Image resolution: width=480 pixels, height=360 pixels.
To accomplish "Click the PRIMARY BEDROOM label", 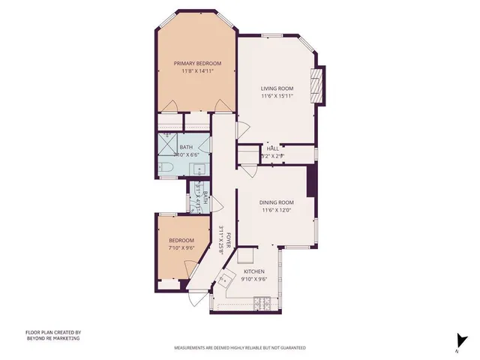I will (198, 63).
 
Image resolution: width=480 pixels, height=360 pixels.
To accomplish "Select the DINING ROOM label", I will (277, 202).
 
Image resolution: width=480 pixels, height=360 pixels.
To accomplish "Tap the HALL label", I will (273, 148).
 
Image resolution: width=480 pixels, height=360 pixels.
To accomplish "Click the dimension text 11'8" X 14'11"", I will (198, 72).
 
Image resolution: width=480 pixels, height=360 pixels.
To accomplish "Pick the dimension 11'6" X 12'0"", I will (277, 211).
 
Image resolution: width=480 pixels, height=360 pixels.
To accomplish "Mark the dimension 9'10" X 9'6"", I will (255, 280).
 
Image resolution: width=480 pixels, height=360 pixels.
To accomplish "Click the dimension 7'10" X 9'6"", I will (181, 249).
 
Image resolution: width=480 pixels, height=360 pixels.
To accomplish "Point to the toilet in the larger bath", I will (167, 167).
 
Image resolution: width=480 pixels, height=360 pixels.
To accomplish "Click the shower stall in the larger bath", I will (166, 144).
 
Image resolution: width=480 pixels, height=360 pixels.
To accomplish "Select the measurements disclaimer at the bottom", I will (240, 348).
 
